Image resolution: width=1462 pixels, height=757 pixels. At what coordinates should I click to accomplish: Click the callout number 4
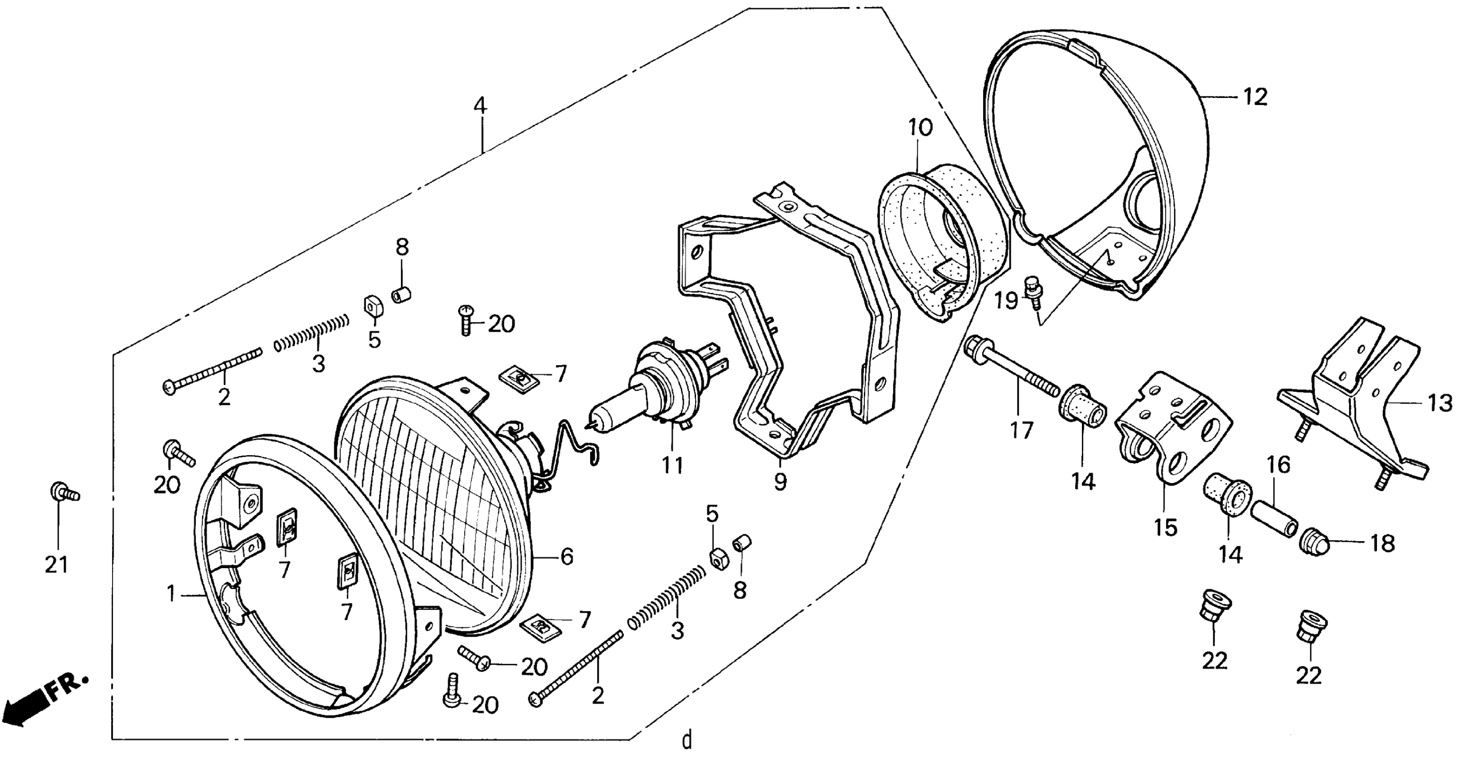[x=480, y=106]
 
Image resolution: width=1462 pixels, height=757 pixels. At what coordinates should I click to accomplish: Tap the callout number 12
[x=1255, y=97]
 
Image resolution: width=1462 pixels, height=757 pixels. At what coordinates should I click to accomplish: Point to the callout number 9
[x=780, y=481]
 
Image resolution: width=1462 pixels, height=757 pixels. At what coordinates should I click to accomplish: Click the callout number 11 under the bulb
[x=672, y=465]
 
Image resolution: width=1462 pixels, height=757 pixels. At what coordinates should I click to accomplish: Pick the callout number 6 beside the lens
[x=567, y=557]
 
